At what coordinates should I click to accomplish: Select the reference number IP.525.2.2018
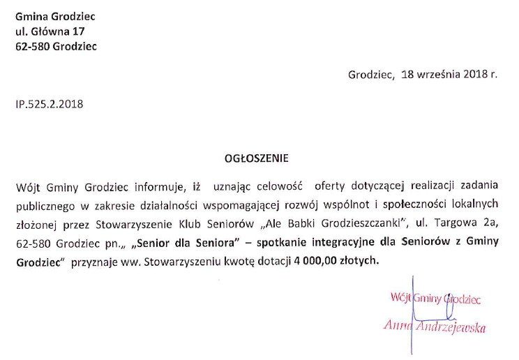coord(49,104)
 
